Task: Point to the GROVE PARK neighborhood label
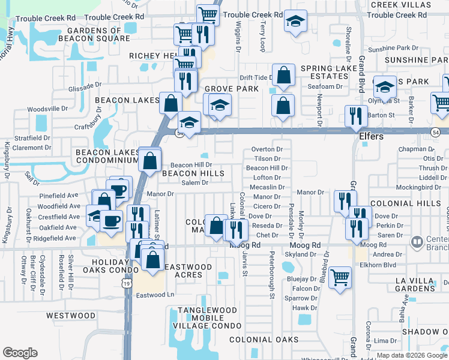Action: pyautogui.click(x=232, y=89)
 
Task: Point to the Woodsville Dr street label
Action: pyautogui.click(x=49, y=109)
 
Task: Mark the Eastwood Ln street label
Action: pyautogui.click(x=154, y=295)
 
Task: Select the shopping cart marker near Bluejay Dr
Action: pyautogui.click(x=340, y=277)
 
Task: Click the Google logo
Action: pyautogui.click(x=20, y=353)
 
